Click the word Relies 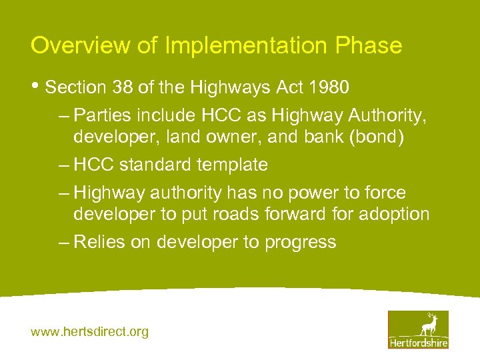tap(99, 242)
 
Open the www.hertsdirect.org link tap(90, 331)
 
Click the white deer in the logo tap(428, 325)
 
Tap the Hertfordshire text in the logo tap(419, 343)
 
